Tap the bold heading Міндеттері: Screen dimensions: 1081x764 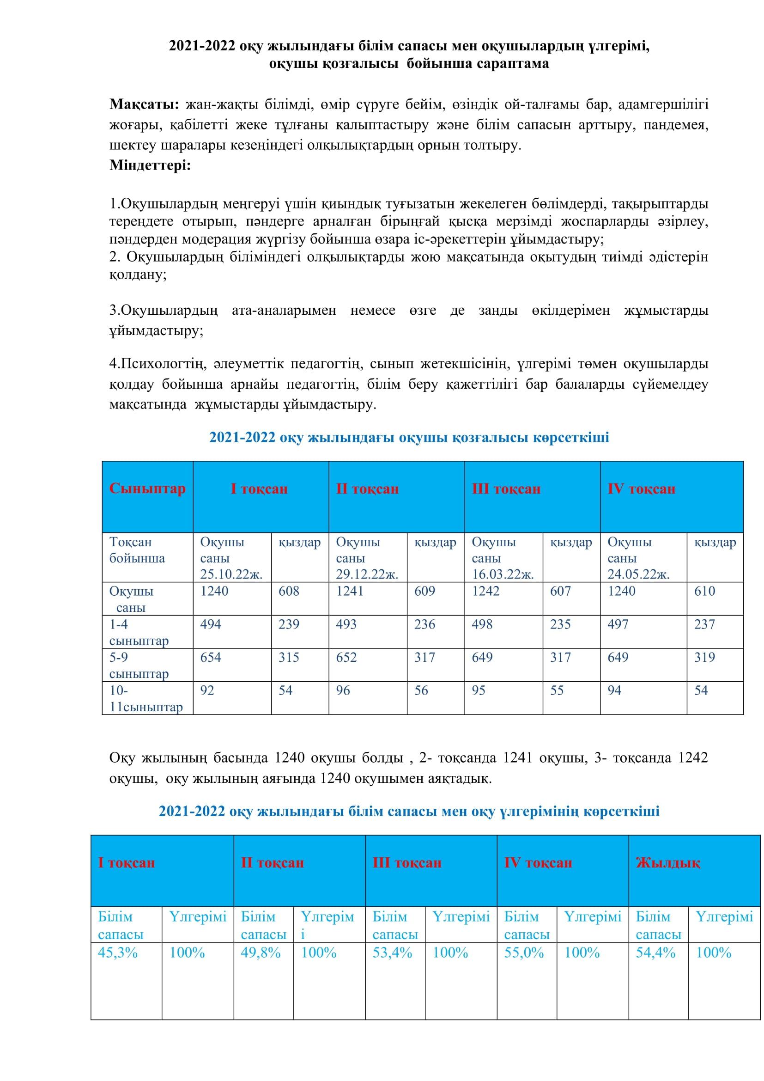[150, 165]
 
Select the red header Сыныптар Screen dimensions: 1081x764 [147, 488]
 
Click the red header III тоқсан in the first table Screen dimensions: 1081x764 [506, 489]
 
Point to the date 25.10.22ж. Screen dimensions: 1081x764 [231, 574]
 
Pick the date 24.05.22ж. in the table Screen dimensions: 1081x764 [638, 574]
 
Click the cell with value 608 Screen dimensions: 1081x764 [289, 591]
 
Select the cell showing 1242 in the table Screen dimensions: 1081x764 [485, 591]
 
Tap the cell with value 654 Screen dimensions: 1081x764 [210, 657]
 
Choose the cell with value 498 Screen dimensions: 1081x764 [482, 624]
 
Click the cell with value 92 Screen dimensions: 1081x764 [207, 690]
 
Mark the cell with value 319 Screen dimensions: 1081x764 [705, 657]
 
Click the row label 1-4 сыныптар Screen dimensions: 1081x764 [139, 632]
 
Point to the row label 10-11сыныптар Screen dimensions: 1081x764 [146, 698]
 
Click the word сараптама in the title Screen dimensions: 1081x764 [512, 63]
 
